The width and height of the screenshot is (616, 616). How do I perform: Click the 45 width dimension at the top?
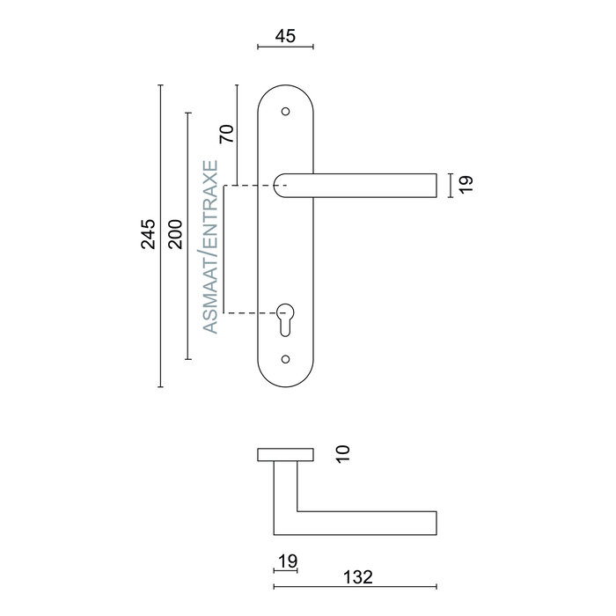coord(284,36)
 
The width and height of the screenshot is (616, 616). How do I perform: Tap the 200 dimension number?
coord(175,235)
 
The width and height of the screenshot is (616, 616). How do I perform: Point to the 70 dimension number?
coord(226,134)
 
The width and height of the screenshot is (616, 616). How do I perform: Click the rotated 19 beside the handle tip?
coord(466,184)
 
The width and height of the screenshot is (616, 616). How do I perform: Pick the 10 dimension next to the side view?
coord(343,453)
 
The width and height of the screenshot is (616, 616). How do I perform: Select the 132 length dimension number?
coord(357,577)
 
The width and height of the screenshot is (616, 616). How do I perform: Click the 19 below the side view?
coord(286,561)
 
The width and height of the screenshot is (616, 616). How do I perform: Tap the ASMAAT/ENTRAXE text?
coord(210,246)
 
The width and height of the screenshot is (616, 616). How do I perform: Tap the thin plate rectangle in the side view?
coord(284,454)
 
